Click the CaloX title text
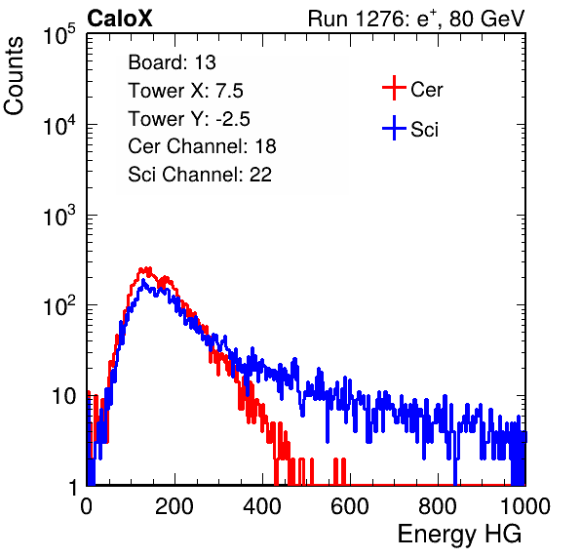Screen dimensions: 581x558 120,19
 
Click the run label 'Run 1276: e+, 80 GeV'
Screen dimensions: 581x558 416,19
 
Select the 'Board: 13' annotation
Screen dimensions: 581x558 172,62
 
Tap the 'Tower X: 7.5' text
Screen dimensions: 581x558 185,91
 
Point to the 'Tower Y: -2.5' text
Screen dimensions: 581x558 189,119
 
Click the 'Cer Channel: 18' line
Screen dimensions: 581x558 202,146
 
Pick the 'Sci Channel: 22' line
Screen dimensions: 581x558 200,175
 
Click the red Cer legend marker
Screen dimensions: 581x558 394,88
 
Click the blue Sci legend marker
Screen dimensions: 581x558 394,128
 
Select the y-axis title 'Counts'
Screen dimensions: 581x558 14,76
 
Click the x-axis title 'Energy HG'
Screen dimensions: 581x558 459,535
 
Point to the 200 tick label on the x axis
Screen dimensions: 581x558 174,506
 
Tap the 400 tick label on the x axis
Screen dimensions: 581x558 262,506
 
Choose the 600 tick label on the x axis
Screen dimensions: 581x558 350,506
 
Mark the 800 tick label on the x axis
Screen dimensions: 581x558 438,506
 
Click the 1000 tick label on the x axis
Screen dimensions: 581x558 525,506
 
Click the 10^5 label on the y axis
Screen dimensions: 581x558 59,34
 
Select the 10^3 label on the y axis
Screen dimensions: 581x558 59,215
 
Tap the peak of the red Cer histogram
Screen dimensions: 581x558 148,267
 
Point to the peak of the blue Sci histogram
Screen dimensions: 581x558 143,281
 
